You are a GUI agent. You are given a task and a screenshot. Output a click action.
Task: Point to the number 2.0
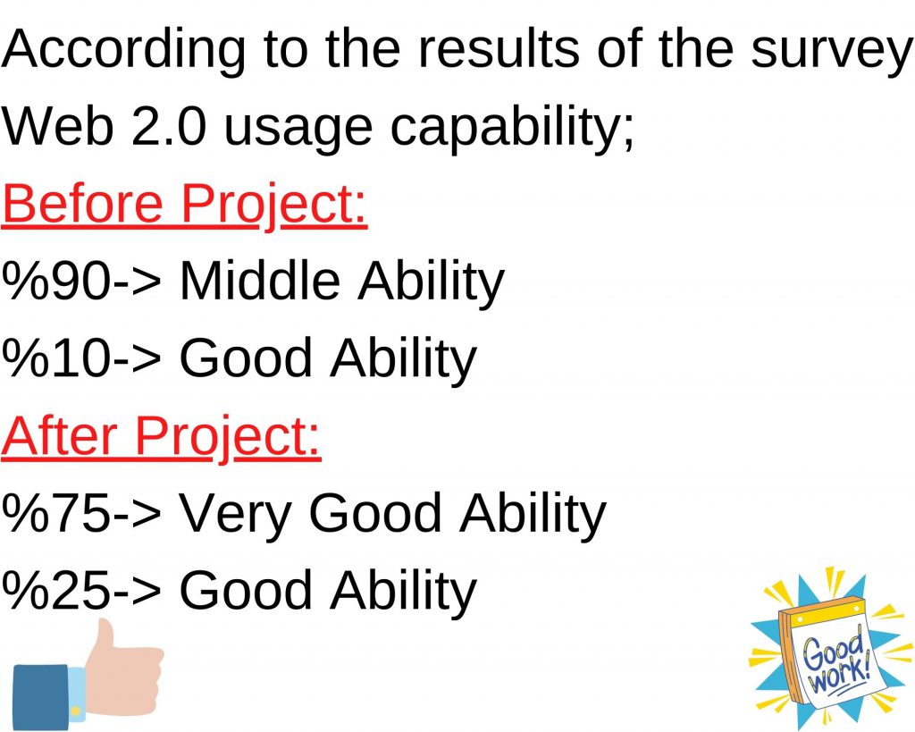tap(170, 128)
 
